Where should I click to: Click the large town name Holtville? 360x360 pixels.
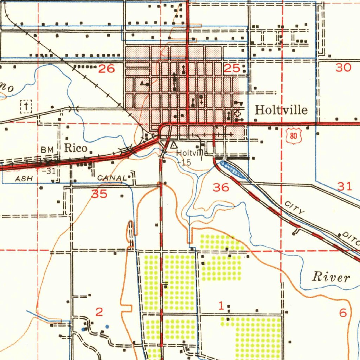click(281, 110)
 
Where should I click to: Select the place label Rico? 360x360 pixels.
click(76, 148)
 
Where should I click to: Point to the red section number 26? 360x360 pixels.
click(107, 69)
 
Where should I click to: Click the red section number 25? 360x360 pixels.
click(232, 69)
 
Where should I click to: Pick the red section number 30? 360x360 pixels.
click(343, 67)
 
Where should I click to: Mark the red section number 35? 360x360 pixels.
click(99, 194)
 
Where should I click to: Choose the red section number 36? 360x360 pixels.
click(221, 187)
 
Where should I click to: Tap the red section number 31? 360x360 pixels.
click(345, 186)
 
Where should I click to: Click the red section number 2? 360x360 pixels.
click(99, 311)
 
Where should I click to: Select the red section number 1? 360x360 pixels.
click(221, 306)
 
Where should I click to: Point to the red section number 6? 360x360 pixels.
click(343, 313)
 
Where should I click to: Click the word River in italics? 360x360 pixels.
click(331, 277)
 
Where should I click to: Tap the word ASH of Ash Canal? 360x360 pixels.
click(24, 179)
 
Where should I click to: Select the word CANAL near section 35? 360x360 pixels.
click(111, 178)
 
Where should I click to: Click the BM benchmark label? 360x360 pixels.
click(47, 150)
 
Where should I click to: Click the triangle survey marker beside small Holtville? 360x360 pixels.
click(173, 145)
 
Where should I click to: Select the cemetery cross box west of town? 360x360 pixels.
click(26, 106)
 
